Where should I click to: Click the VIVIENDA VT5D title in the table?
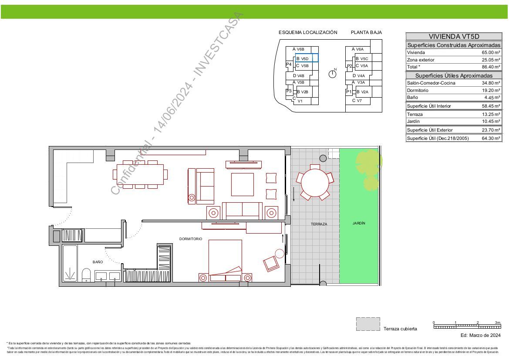point(454,37)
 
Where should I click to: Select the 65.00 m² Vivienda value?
point(491,52)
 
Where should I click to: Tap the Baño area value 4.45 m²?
point(492,98)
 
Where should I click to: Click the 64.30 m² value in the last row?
point(491,139)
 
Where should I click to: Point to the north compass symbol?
point(332,74)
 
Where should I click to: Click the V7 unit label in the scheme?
point(359,101)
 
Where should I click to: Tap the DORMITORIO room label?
point(191,239)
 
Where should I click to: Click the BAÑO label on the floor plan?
point(98,262)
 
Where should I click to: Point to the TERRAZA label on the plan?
point(319,224)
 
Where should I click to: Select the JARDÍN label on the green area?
point(359,223)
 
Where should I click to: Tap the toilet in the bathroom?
point(86,275)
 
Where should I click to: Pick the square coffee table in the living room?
point(242,184)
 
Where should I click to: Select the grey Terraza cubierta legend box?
point(367,324)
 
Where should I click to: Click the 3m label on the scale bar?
point(497,323)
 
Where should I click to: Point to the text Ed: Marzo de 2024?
point(480,335)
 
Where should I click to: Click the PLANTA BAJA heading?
point(366,32)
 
